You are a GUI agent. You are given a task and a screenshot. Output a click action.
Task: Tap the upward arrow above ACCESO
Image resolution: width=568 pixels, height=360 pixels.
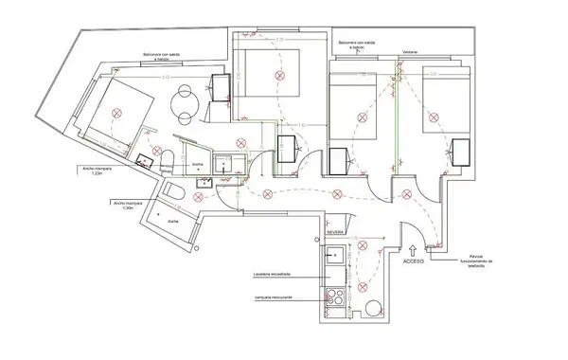pos(414,246)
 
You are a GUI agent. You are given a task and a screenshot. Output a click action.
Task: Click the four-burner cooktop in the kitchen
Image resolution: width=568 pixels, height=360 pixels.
pos(334,298)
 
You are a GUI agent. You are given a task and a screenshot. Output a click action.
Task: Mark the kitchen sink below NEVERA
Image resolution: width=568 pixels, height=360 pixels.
pos(334,255)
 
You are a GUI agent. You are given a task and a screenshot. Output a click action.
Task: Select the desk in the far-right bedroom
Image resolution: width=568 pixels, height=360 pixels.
pos(461,152)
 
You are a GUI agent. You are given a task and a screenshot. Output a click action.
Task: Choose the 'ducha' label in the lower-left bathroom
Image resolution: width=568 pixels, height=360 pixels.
pos(173,220)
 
